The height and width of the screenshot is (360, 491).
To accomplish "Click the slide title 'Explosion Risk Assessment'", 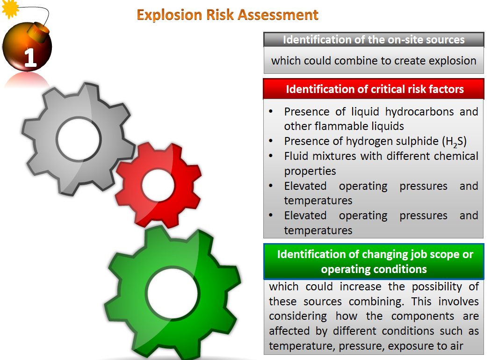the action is pos(228,14).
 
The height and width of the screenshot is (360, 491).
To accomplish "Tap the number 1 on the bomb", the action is pos(31,58).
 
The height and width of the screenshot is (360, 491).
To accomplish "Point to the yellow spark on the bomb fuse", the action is pos(10,8).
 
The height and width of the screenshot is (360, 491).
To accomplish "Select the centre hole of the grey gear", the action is pos(79,139).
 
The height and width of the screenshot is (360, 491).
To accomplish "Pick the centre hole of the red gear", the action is pos(158,185).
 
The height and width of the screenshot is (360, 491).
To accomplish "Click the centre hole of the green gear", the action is pos(173,293).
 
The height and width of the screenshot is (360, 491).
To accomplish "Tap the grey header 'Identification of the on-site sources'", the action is pos(374,39).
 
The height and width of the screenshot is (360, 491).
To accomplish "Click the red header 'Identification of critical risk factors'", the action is pos(374,89).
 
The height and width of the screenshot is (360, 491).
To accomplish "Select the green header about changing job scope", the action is pos(374,261).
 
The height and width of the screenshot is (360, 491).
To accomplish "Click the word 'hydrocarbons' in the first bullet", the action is pos(419,112).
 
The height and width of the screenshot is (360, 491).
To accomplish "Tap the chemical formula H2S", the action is pos(454,142).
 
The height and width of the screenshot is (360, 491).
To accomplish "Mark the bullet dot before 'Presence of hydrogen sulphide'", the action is pos(271,141).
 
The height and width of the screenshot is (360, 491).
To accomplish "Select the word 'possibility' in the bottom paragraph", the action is pos(437,287).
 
